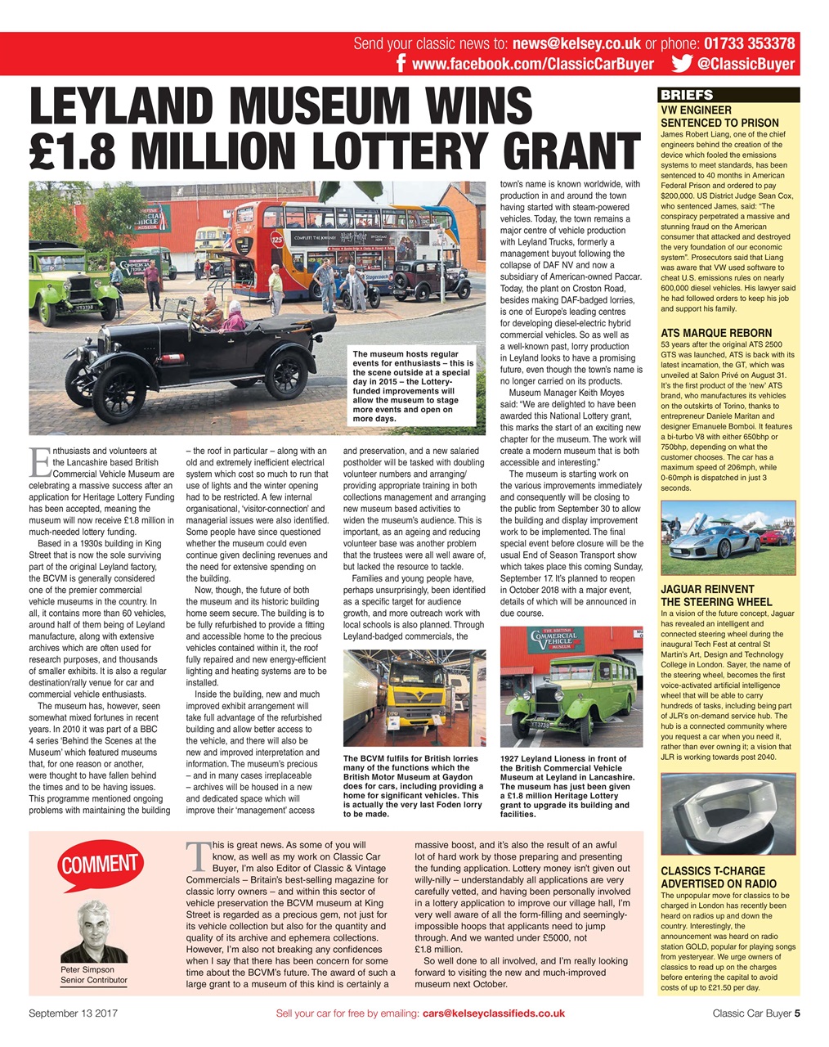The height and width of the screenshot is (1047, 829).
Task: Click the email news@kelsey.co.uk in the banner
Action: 576,44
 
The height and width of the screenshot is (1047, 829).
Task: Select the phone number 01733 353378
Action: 749,44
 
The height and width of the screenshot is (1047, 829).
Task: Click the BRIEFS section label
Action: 687,95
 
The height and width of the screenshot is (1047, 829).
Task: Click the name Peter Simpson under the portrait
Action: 87,969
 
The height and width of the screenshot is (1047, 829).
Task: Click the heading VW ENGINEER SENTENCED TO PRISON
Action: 719,116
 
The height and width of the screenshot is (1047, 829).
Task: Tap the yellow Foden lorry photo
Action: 414,699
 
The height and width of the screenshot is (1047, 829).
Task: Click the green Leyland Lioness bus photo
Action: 571,686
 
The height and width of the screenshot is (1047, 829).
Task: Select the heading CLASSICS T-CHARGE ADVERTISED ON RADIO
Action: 713,877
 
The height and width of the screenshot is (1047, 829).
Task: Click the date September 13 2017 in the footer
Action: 74,1013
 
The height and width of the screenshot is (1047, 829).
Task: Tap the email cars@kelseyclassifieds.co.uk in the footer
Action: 493,1013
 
